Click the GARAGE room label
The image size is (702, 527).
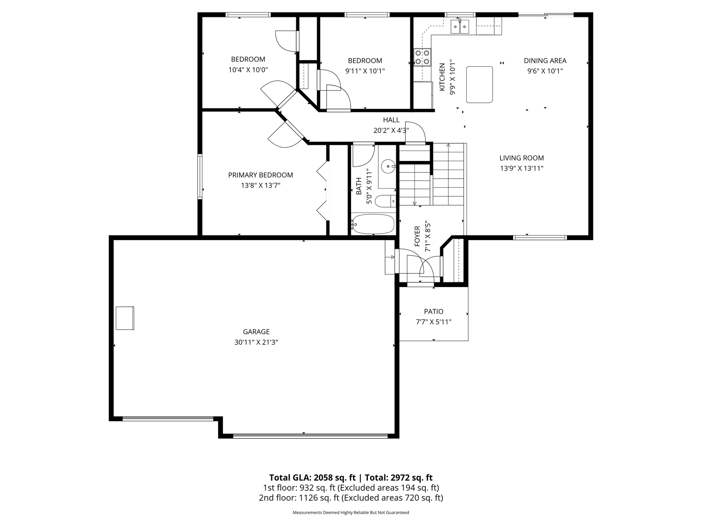256,331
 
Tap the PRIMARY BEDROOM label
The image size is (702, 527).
260,175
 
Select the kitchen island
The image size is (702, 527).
479,84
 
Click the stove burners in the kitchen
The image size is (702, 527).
422,57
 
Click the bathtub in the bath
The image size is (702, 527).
374,224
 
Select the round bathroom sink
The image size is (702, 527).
388,167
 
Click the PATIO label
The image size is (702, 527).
434,312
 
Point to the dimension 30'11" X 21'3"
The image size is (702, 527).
256,342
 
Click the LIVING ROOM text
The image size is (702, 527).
522,158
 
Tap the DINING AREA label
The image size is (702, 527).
545,61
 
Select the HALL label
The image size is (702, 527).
391,120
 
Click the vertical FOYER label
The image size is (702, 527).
417,236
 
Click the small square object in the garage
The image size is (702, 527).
125,318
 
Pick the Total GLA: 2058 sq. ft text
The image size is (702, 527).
312,478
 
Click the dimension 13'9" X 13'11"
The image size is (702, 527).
522,168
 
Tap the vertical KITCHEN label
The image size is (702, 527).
442,77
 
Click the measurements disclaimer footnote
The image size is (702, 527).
351,513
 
